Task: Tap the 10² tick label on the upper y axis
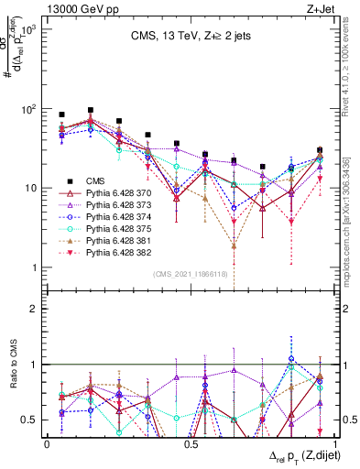tap(28, 109)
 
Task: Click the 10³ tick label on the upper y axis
tap(28, 30)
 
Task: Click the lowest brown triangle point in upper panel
tap(235, 245)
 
